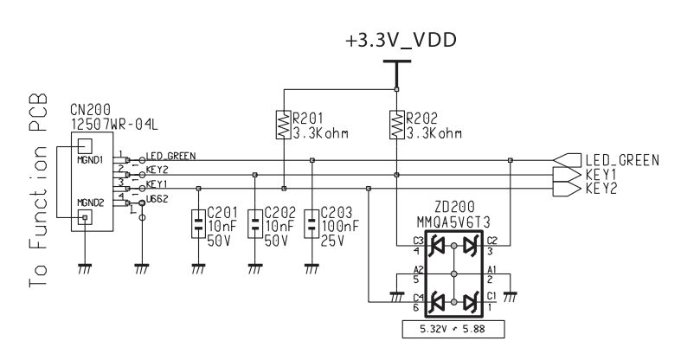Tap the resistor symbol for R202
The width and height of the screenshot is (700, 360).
396,126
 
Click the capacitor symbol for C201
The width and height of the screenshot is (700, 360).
199,223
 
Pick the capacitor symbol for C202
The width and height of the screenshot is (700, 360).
254,223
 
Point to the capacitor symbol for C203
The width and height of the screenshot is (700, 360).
311,223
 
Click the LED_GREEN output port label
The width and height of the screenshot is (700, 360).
622,160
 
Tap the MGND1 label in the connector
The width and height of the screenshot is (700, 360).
89,160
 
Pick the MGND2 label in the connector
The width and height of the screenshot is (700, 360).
89,202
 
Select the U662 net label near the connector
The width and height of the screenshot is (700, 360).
157,199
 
